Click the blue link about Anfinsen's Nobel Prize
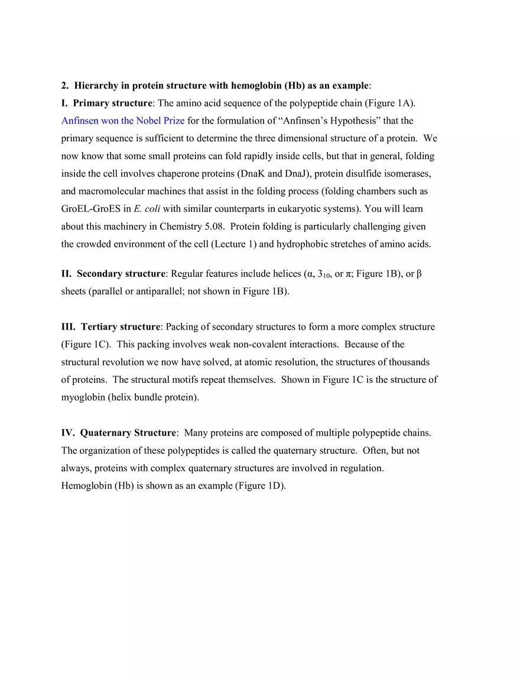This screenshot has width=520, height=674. coord(123,121)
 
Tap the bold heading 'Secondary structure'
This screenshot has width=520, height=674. coord(121,274)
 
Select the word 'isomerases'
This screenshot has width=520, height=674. coord(408,173)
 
